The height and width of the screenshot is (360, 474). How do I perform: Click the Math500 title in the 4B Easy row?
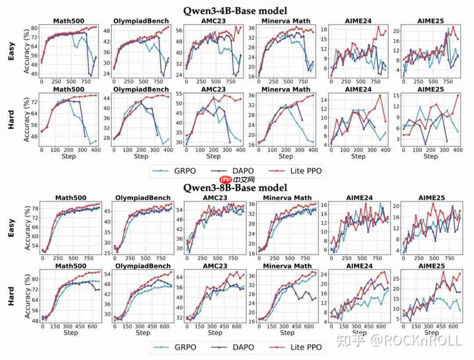[x=69, y=21]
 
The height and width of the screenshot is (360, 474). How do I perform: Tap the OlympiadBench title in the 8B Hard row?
[x=142, y=266]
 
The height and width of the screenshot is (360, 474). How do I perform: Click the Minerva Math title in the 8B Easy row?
[x=287, y=198]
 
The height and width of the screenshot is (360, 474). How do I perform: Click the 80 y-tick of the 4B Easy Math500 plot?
[x=33, y=28]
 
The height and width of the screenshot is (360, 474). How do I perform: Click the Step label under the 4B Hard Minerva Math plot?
[x=286, y=156]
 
